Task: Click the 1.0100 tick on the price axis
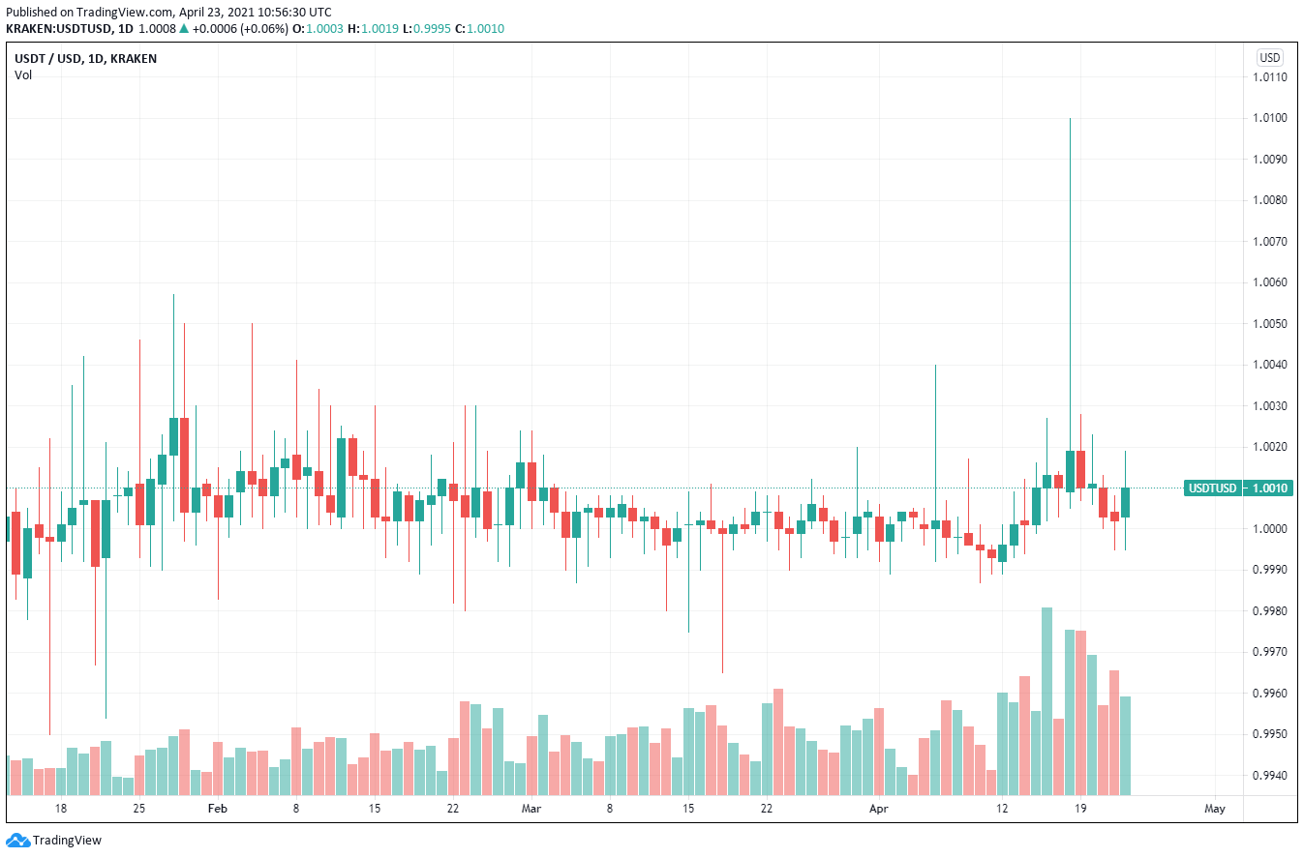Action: [x=1269, y=118]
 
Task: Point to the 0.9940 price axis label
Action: [x=1269, y=776]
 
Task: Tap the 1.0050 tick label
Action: [x=1269, y=323]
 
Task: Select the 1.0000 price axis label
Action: [x=1269, y=529]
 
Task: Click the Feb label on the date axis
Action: [x=217, y=808]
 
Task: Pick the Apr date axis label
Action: [x=878, y=808]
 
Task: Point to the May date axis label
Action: [x=1215, y=808]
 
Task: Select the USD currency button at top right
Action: [x=1269, y=57]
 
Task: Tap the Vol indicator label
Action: [x=23, y=74]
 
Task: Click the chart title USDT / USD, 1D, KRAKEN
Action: [x=85, y=58]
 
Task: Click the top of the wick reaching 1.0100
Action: [x=1070, y=119]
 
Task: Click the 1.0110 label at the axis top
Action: [x=1269, y=77]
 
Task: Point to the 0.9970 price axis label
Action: [x=1269, y=652]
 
